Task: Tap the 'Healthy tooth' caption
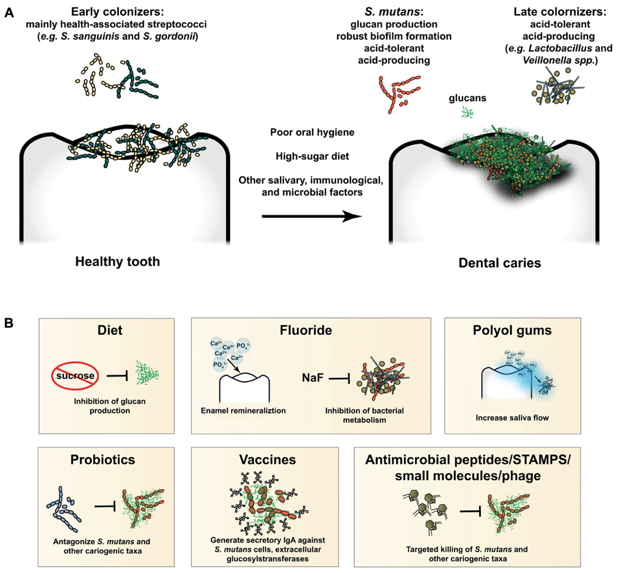pyautogui.click(x=117, y=261)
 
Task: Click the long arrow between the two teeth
pyautogui.click(x=312, y=217)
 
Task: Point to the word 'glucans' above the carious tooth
pyautogui.click(x=467, y=98)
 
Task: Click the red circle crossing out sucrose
pyautogui.click(x=76, y=375)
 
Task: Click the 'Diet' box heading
pyautogui.click(x=110, y=330)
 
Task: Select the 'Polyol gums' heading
pyautogui.click(x=512, y=330)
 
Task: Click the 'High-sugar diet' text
pyautogui.click(x=312, y=156)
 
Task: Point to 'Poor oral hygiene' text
pyautogui.click(x=312, y=132)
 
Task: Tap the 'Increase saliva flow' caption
pyautogui.click(x=512, y=418)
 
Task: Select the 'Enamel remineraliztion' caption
pyautogui.click(x=244, y=410)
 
